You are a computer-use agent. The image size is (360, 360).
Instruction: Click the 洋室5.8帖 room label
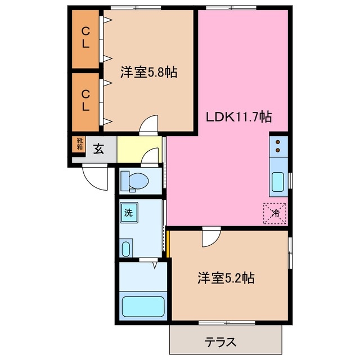(x=148, y=73)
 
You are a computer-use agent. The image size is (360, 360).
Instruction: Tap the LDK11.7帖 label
(x=238, y=117)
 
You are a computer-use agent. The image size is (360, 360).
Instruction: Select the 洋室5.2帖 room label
(x=226, y=277)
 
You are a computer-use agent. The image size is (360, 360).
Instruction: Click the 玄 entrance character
(x=98, y=149)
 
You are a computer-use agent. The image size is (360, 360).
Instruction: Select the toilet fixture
(x=136, y=180)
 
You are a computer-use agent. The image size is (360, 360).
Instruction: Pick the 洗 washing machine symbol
(x=129, y=213)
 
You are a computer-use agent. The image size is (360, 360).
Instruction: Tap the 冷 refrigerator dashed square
(x=276, y=213)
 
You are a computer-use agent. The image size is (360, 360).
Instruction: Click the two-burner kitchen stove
(x=278, y=147)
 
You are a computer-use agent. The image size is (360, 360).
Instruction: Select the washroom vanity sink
(x=126, y=248)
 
